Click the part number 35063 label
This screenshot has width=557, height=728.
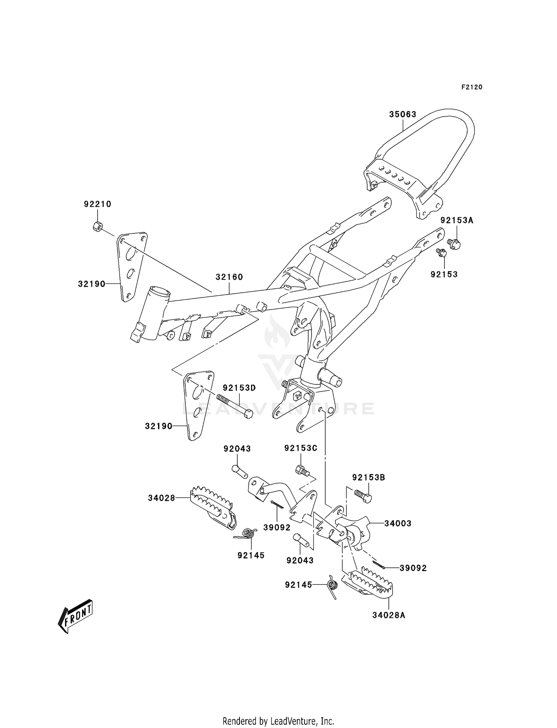point(403,114)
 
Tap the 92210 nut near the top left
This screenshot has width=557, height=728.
point(98,226)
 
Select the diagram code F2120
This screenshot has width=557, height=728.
point(472,87)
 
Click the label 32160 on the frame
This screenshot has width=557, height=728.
point(229,277)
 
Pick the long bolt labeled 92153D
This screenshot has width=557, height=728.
point(234,407)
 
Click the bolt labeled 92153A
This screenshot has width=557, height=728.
point(454,244)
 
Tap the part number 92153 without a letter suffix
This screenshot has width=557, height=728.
point(444,274)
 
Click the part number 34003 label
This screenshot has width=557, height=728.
point(398,523)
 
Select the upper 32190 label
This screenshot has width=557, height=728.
point(92,284)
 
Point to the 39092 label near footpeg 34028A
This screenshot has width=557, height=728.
point(413,568)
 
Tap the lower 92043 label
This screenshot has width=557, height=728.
point(300,560)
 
